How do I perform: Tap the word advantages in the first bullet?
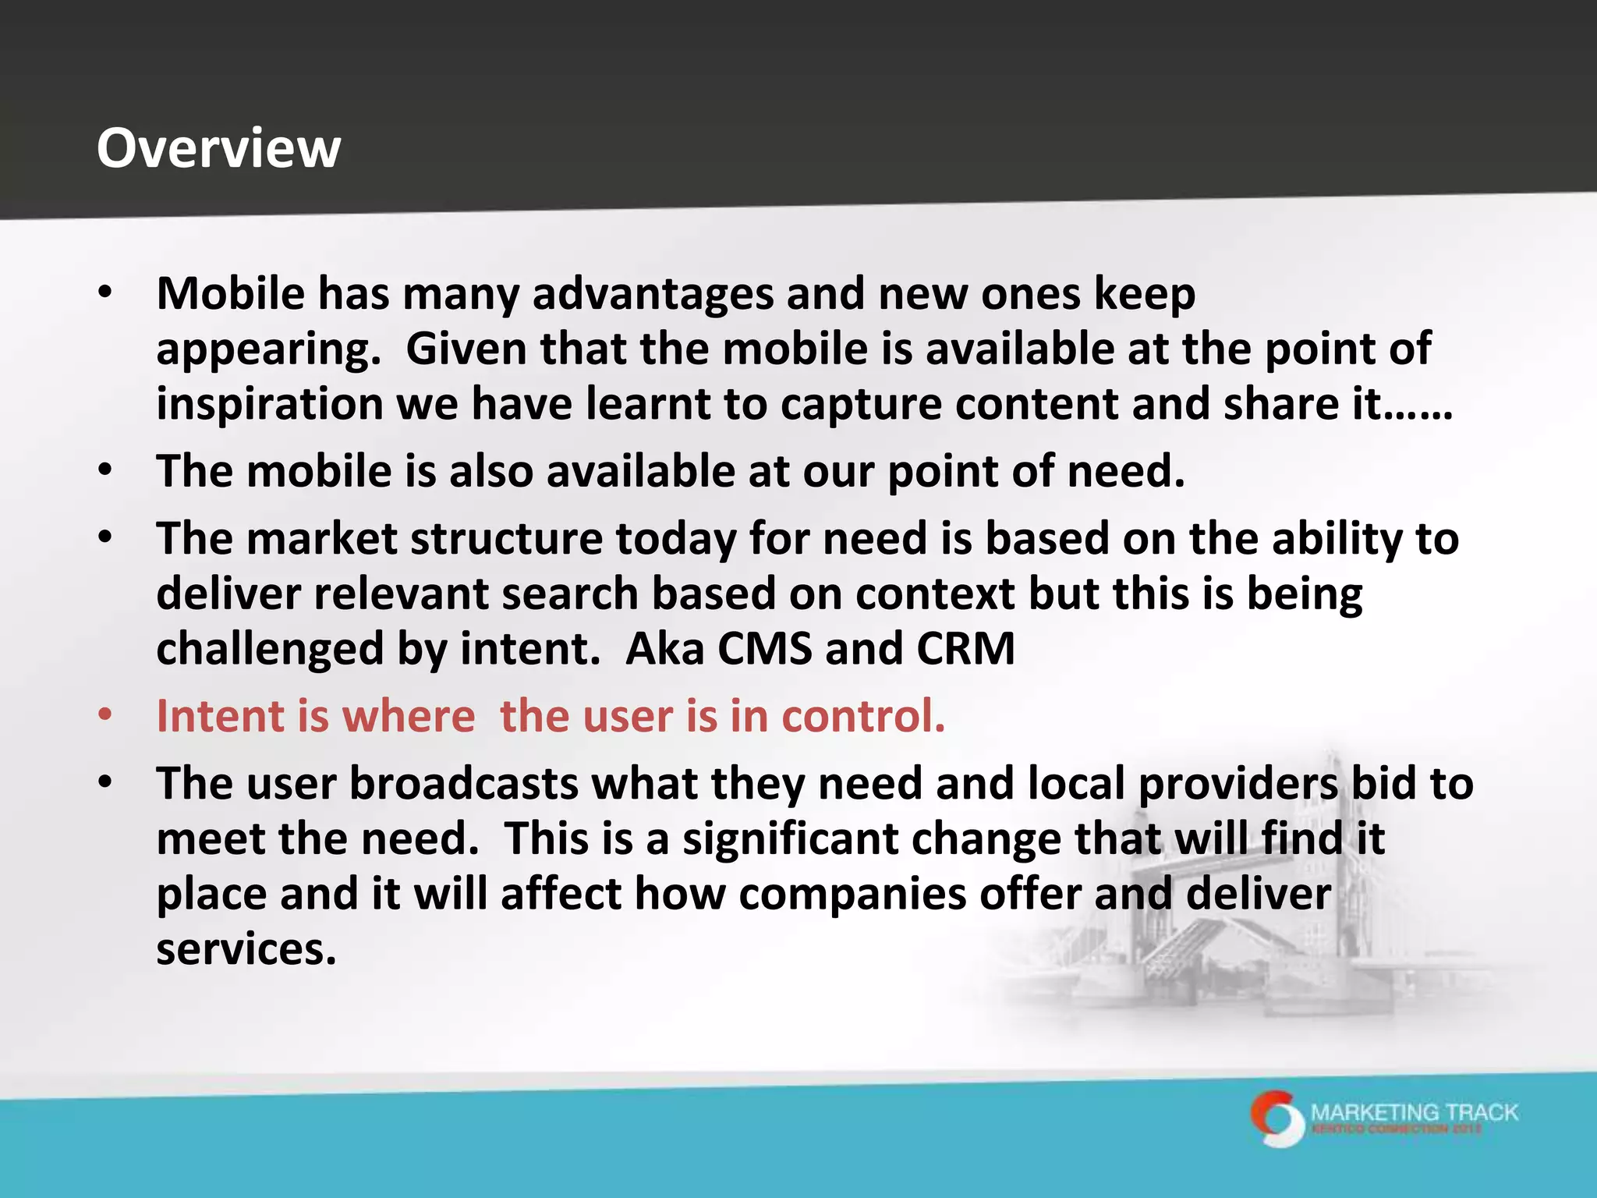[x=653, y=295]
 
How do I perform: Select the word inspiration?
[x=270, y=405]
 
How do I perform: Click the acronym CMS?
[x=764, y=649]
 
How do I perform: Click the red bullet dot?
[x=105, y=714]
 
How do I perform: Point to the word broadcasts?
[x=464, y=783]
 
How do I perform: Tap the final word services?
[x=246, y=950]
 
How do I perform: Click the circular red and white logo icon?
[x=1277, y=1118]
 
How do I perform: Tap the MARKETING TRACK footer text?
[x=1415, y=1112]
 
